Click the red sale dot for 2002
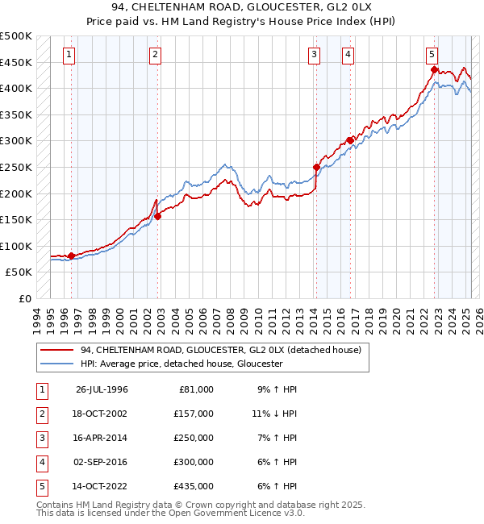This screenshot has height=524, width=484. click(158, 216)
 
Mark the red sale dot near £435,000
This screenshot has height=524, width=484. click(434, 70)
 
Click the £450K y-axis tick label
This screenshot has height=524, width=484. click(16, 62)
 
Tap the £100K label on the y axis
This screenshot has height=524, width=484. click(16, 246)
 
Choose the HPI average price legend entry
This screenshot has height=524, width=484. click(181, 364)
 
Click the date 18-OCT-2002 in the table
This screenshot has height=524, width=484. click(101, 414)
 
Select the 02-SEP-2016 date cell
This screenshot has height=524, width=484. click(101, 462)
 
